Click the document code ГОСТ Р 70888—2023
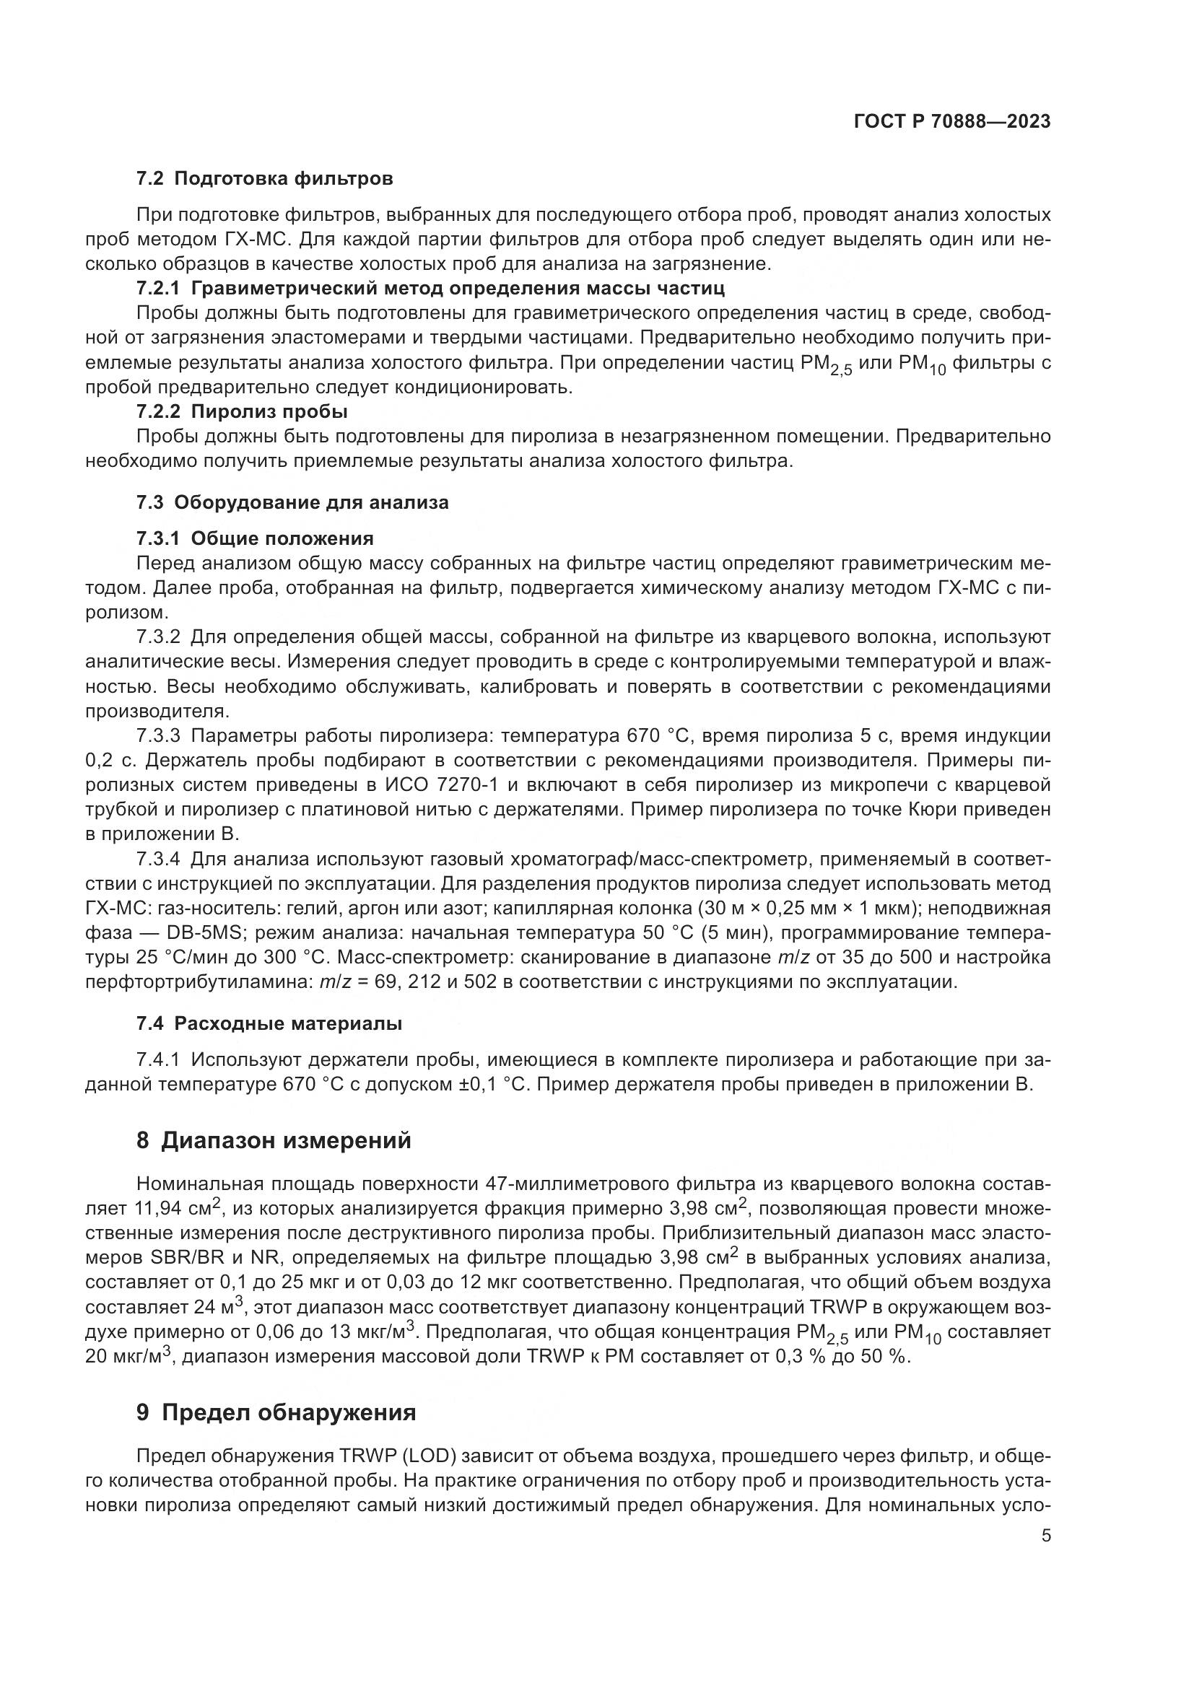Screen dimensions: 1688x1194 952,122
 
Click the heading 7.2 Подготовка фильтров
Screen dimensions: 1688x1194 265,178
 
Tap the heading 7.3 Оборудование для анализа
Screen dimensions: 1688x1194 292,503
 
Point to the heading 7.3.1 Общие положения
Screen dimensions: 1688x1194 254,539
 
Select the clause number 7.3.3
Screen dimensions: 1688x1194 158,736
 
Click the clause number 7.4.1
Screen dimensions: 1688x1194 158,1060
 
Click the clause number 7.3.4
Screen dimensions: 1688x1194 158,859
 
